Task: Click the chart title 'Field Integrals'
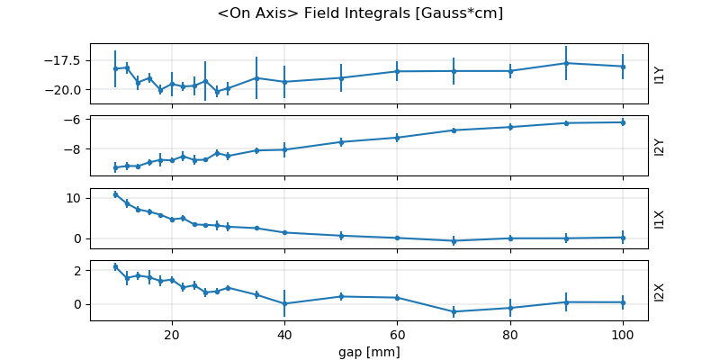pos(360,13)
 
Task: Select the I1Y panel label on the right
pos(660,74)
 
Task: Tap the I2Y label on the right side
pos(660,146)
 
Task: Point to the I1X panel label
pos(660,219)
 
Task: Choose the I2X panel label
pos(660,291)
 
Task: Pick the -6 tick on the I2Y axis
pos(74,120)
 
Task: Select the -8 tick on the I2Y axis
pos(74,149)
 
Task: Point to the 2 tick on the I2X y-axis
pos(77,270)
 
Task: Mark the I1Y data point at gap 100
pos(623,67)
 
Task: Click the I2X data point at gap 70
pos(454,311)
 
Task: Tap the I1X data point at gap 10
pos(115,194)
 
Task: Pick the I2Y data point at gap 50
pos(341,142)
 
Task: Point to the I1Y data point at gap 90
pos(566,63)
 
